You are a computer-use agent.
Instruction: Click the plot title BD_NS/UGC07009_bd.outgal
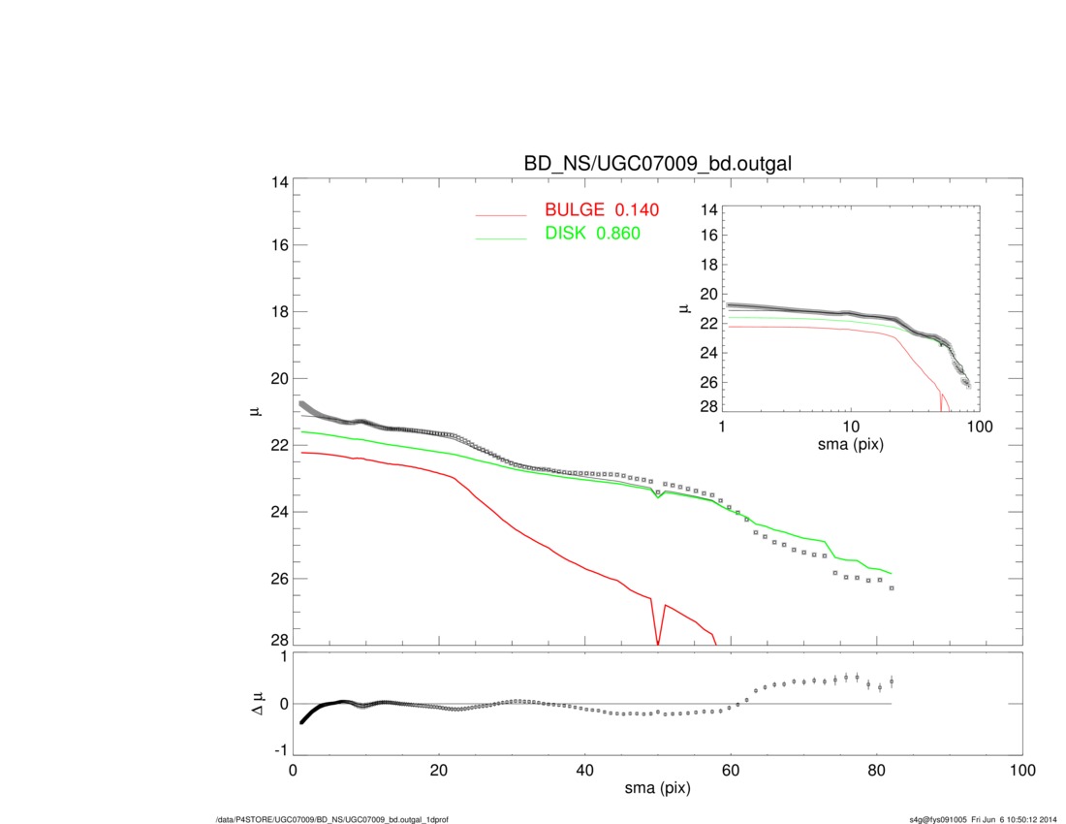[x=658, y=165]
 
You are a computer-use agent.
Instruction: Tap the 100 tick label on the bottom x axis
[x=1022, y=771]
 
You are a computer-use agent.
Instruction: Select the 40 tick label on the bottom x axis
[x=584, y=771]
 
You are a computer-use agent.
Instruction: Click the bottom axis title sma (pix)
[x=657, y=789]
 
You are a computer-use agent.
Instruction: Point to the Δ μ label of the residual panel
[x=256, y=704]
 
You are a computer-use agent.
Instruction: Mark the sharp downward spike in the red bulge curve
[x=658, y=640]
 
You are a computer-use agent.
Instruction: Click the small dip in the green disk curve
[x=658, y=497]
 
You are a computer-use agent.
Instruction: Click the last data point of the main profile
[x=892, y=588]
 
